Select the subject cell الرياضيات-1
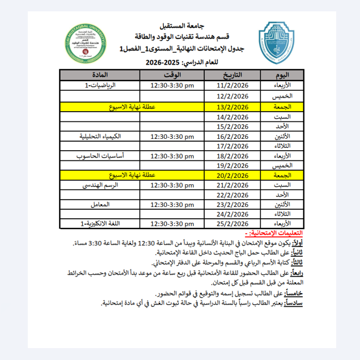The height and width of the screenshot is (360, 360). (100, 85)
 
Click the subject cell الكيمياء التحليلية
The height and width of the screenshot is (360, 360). (100, 137)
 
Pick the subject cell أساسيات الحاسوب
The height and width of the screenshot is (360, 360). (100, 155)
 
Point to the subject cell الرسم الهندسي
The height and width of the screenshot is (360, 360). (100, 185)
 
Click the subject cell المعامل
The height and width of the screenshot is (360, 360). (100, 204)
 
